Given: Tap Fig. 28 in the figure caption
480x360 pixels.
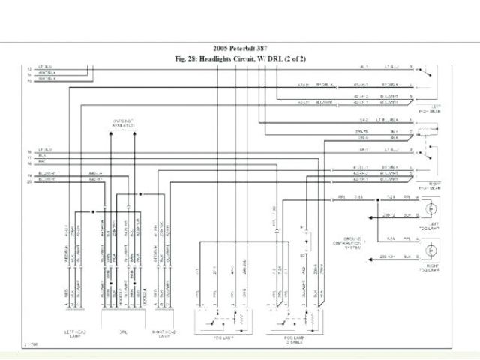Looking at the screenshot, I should [x=187, y=58].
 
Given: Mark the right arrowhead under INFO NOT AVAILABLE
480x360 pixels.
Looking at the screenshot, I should [x=135, y=132].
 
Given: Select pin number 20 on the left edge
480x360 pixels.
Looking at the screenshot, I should [x=29, y=181].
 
